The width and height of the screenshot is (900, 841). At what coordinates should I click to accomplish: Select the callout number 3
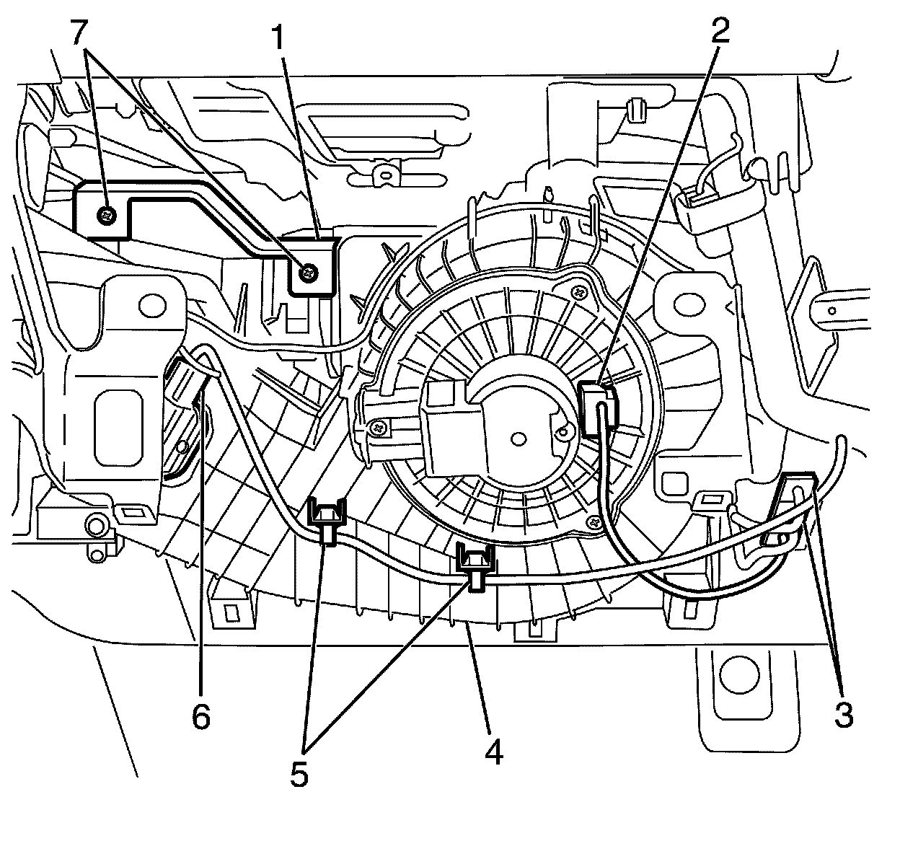point(843,715)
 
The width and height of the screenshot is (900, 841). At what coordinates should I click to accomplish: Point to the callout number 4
point(493,752)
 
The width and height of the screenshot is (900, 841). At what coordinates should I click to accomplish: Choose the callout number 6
point(200,716)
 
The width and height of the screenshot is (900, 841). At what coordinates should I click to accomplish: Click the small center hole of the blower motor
point(517,439)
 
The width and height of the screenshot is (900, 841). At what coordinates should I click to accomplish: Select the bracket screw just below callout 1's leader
point(309,273)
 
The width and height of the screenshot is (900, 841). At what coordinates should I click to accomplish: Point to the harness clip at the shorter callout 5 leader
point(327,521)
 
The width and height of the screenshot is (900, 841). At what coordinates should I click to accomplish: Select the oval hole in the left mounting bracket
point(152,307)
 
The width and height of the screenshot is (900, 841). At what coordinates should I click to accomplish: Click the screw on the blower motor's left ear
point(379,428)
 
